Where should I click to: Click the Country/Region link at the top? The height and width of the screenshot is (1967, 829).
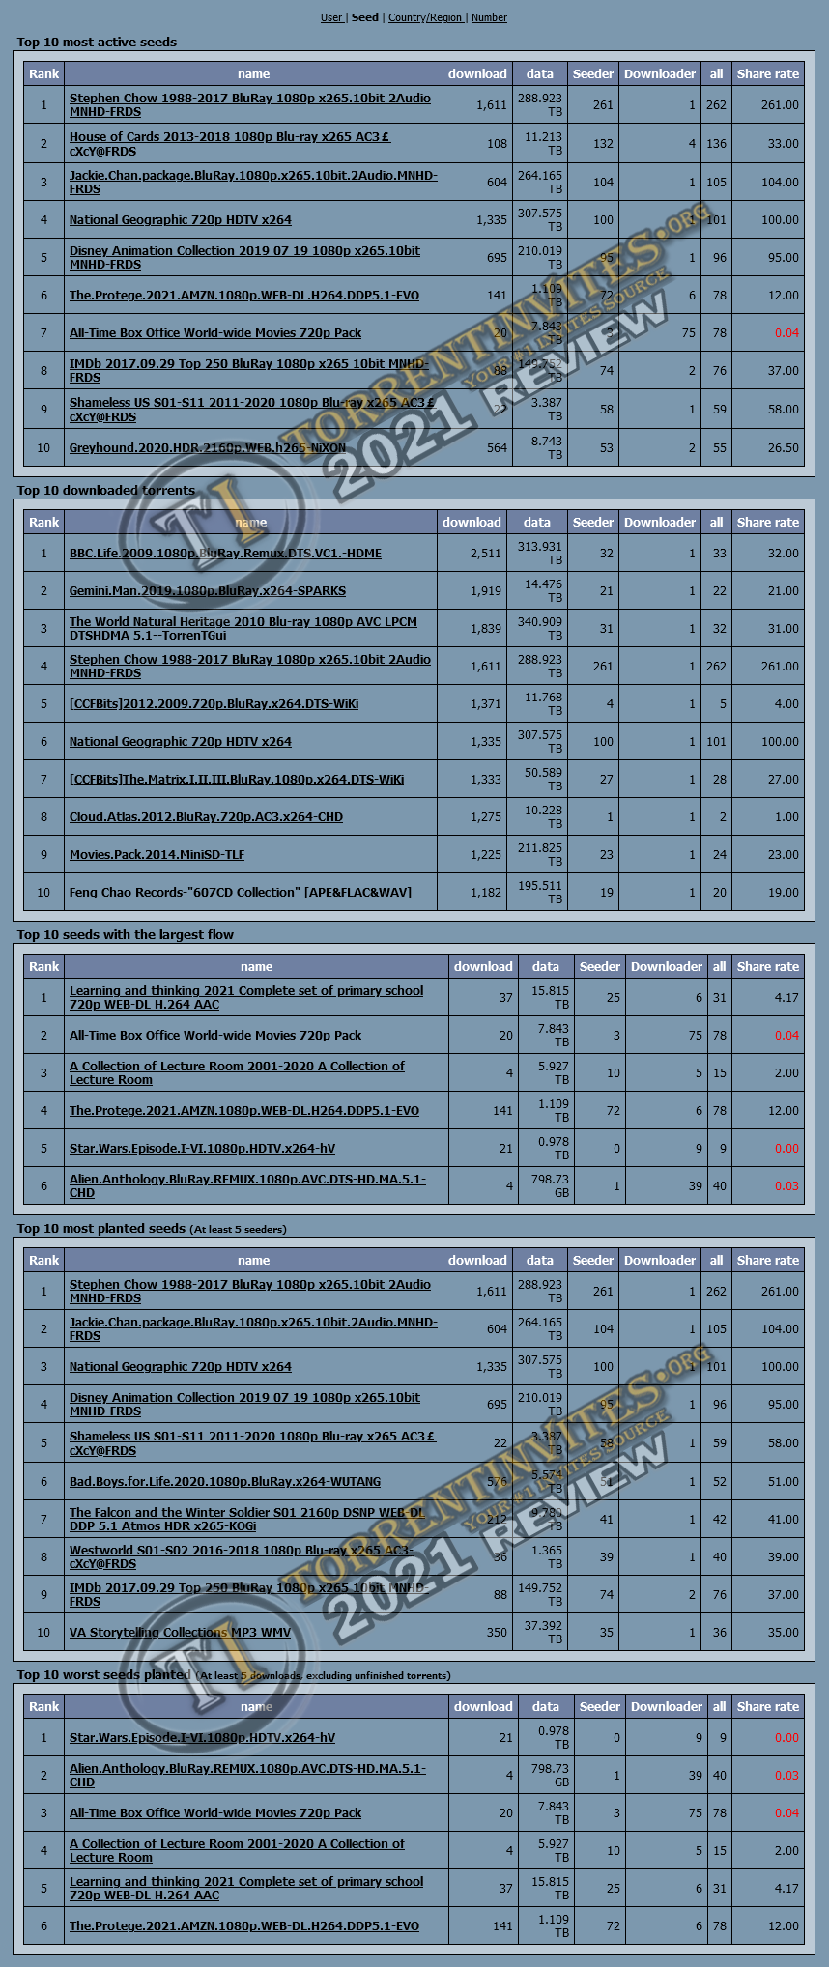pos(425,17)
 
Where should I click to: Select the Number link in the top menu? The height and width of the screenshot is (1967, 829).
pos(489,17)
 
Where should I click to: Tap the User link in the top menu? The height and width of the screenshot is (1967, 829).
pos(331,17)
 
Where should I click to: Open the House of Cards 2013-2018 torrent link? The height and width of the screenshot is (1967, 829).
pos(229,137)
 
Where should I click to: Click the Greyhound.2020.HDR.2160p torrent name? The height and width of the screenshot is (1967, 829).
pos(207,447)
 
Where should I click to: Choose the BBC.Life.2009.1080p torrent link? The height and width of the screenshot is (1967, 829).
pos(225,554)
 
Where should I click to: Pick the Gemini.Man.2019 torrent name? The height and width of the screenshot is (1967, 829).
pos(207,591)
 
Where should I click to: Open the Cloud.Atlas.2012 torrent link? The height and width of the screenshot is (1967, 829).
pos(206,817)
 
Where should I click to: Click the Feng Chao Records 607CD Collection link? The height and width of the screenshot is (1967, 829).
pos(240,893)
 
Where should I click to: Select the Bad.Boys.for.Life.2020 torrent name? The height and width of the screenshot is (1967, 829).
pos(224,1482)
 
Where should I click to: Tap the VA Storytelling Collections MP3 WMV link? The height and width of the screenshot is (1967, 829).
pos(180,1633)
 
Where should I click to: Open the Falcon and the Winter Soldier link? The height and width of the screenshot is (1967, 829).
pos(246,1513)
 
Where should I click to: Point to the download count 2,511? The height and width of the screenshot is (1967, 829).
pos(486,554)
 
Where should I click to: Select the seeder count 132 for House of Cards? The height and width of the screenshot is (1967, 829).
pos(603,144)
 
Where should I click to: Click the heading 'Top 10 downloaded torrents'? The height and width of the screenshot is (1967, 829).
pos(105,491)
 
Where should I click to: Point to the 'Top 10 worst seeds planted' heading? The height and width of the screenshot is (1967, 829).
pos(103,1675)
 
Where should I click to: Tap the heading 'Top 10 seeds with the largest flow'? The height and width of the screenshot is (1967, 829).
pos(125,935)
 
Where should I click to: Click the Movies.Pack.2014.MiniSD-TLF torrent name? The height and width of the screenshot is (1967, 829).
pos(157,855)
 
